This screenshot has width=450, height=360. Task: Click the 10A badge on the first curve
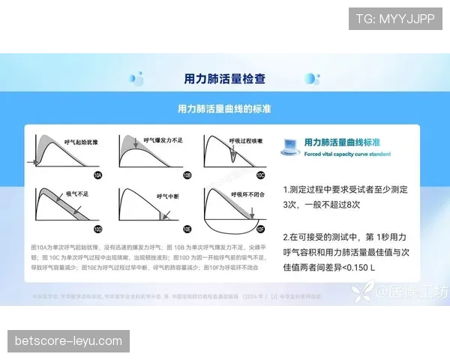pos(97,175)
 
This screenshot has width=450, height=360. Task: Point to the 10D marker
pos(97,228)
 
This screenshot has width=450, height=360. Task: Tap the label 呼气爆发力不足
pos(163,139)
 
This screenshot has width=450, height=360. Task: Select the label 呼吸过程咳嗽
pos(245,139)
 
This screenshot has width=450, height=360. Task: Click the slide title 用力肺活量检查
pos(224,78)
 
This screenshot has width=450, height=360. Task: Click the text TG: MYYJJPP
pos(395,18)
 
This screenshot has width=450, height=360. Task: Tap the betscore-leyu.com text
pos(68,341)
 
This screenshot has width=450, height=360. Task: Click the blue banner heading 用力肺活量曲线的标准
pos(224,109)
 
